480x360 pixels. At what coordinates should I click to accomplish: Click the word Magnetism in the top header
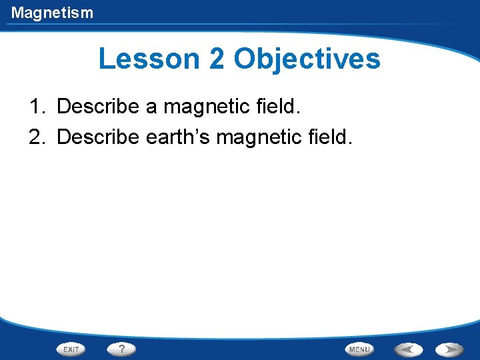pyautogui.click(x=52, y=13)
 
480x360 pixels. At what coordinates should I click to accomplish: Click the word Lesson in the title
pyautogui.click(x=149, y=59)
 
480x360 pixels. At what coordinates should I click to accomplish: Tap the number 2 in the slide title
pyautogui.click(x=217, y=59)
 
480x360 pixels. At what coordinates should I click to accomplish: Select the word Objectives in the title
pyautogui.click(x=307, y=59)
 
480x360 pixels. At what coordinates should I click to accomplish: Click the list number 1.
pyautogui.click(x=36, y=106)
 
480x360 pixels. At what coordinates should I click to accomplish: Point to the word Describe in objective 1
pyautogui.click(x=97, y=106)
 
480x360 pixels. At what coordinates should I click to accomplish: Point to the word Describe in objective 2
pyautogui.click(x=97, y=137)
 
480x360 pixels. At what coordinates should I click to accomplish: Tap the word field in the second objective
pyautogui.click(x=329, y=137)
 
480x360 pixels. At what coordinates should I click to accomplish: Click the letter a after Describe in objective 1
pyautogui.click(x=151, y=107)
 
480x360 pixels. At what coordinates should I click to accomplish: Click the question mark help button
pyautogui.click(x=121, y=349)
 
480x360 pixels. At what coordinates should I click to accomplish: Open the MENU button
pyautogui.click(x=359, y=349)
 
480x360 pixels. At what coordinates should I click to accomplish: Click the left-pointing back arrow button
pyautogui.click(x=407, y=349)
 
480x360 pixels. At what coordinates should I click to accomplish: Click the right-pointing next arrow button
pyautogui.click(x=450, y=349)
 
